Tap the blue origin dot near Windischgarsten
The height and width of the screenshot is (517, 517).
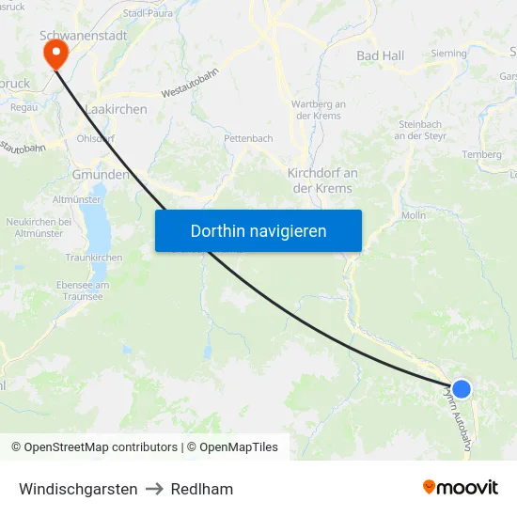coord(462,389)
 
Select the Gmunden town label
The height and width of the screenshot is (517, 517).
coord(100,175)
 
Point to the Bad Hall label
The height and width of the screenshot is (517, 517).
coord(381,56)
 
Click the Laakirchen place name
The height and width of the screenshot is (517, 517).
coord(116,110)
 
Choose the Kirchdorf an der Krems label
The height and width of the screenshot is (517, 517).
coord(322,180)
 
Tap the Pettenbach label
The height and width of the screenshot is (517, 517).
coord(248,138)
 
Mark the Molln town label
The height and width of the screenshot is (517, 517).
coord(414,215)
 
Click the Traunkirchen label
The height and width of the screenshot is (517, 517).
coord(93,257)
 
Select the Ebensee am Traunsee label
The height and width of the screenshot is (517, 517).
coord(83,290)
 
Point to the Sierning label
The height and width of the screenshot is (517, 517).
coord(448,54)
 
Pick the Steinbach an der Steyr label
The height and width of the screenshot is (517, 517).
coord(421,130)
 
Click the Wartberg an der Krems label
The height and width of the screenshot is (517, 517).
coord(320,109)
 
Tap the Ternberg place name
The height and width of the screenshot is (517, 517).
coord(480,154)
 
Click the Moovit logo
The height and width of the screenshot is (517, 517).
coord(460,487)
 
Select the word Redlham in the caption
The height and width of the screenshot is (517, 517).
coord(202,489)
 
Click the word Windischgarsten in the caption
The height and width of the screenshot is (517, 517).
coord(78,489)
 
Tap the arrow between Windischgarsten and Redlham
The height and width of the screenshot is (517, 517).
coord(154,489)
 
